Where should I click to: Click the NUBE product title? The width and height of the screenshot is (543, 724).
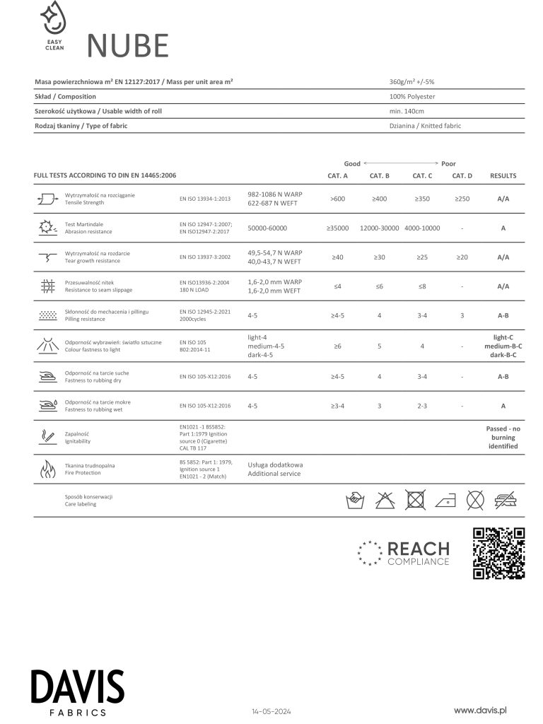128,46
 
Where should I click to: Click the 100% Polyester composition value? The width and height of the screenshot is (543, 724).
412,97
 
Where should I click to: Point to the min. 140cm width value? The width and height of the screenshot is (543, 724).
407,111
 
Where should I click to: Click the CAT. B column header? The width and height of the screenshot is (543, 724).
380,176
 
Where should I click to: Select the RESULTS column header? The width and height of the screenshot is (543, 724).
503,176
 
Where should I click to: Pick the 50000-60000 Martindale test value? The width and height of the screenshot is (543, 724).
268,228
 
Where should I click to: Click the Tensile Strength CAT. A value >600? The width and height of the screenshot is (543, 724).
337,199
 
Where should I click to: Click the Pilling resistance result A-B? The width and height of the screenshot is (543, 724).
503,315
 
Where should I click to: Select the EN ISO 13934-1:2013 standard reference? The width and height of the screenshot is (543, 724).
205,199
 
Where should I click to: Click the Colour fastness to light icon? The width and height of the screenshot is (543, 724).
48,346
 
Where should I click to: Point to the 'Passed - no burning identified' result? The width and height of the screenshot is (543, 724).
503,438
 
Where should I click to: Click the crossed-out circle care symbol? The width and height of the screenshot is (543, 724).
475,500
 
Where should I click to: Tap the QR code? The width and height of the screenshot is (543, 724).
498,553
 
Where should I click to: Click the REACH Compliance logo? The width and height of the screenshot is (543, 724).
404,553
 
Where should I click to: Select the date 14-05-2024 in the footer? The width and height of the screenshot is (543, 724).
271,711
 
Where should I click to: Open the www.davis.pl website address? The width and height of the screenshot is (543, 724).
481,709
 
